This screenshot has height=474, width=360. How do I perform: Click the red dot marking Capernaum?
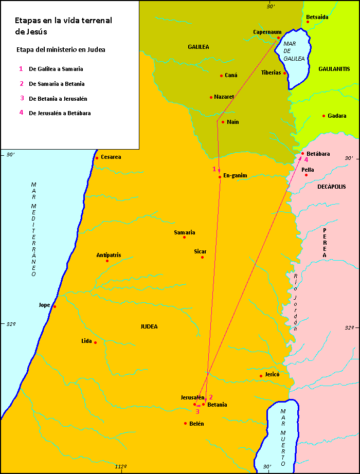click(278, 38)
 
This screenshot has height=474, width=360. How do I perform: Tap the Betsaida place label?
click(317, 17)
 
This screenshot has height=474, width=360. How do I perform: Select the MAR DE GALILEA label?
click(294, 51)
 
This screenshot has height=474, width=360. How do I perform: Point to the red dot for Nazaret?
click(211, 97)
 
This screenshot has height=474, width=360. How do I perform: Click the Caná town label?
click(231, 75)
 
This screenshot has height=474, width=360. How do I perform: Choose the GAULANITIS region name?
click(334, 68)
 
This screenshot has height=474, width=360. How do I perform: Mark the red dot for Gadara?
click(323, 116)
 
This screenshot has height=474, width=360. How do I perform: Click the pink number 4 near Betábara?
click(306, 160)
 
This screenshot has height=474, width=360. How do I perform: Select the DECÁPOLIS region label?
click(331, 187)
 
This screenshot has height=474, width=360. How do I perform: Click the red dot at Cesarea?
click(97, 158)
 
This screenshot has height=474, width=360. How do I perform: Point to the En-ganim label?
click(235, 175)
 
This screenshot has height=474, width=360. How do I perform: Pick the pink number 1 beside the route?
click(214, 169)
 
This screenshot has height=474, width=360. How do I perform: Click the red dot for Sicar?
click(202, 257)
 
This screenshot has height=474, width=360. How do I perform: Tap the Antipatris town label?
click(109, 255)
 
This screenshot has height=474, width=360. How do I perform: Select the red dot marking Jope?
click(55, 307)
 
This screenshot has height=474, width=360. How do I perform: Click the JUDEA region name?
click(149, 326)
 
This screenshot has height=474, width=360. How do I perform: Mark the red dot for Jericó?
click(261, 376)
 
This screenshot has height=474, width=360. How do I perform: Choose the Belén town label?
click(196, 424)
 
